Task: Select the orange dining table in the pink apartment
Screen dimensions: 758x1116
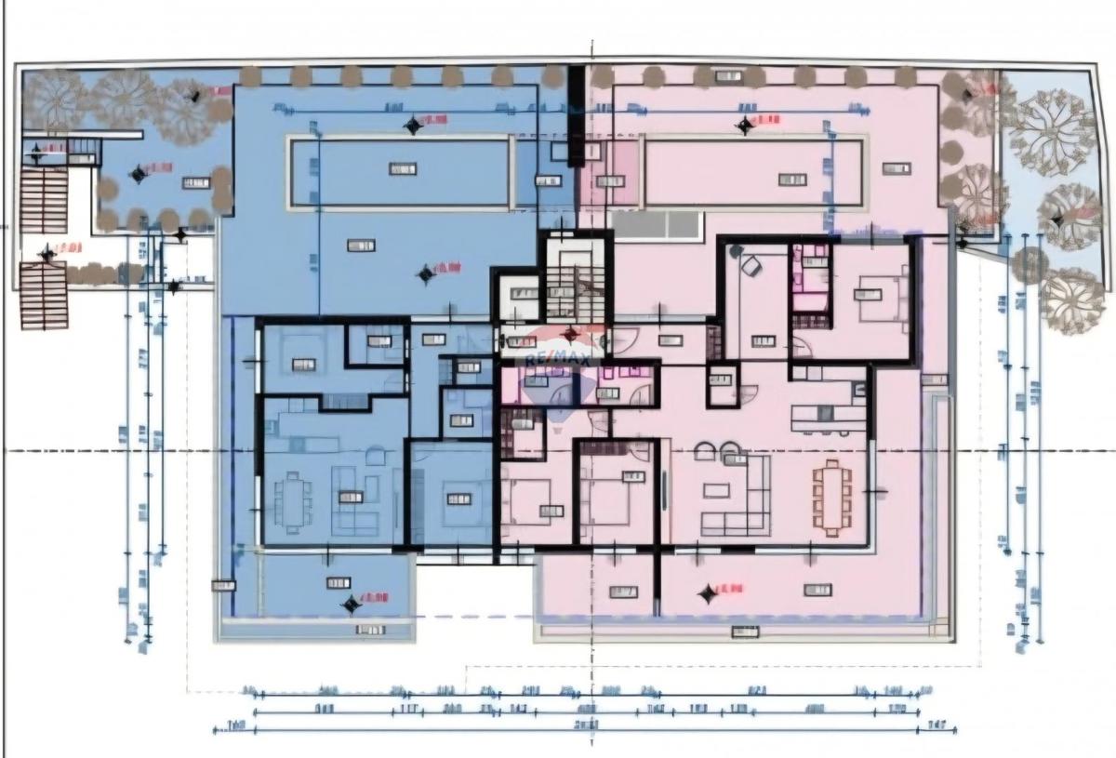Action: click(x=832, y=499)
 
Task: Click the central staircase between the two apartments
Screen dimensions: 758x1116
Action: click(x=574, y=279)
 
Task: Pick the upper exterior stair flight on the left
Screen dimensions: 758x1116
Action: click(x=44, y=200)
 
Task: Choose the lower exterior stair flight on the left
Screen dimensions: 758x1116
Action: click(x=44, y=296)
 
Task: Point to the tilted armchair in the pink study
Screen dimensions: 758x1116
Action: click(x=751, y=266)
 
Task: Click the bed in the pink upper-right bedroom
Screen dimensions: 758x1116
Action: click(x=883, y=296)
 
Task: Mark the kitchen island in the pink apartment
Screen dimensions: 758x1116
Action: click(x=828, y=418)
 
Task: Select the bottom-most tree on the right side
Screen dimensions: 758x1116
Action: click(x=1072, y=300)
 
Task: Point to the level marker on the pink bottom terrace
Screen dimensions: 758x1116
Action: click(x=709, y=592)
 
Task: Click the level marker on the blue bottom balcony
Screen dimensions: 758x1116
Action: click(x=352, y=604)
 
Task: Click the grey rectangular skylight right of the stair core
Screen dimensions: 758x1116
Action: click(x=655, y=224)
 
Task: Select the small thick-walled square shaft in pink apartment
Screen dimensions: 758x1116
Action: click(x=722, y=386)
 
